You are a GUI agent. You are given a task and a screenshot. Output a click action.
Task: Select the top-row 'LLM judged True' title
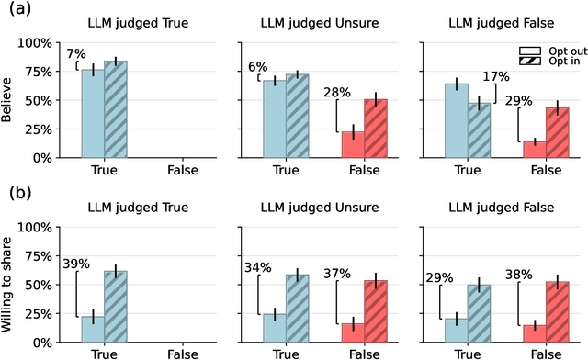(x=129, y=21)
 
